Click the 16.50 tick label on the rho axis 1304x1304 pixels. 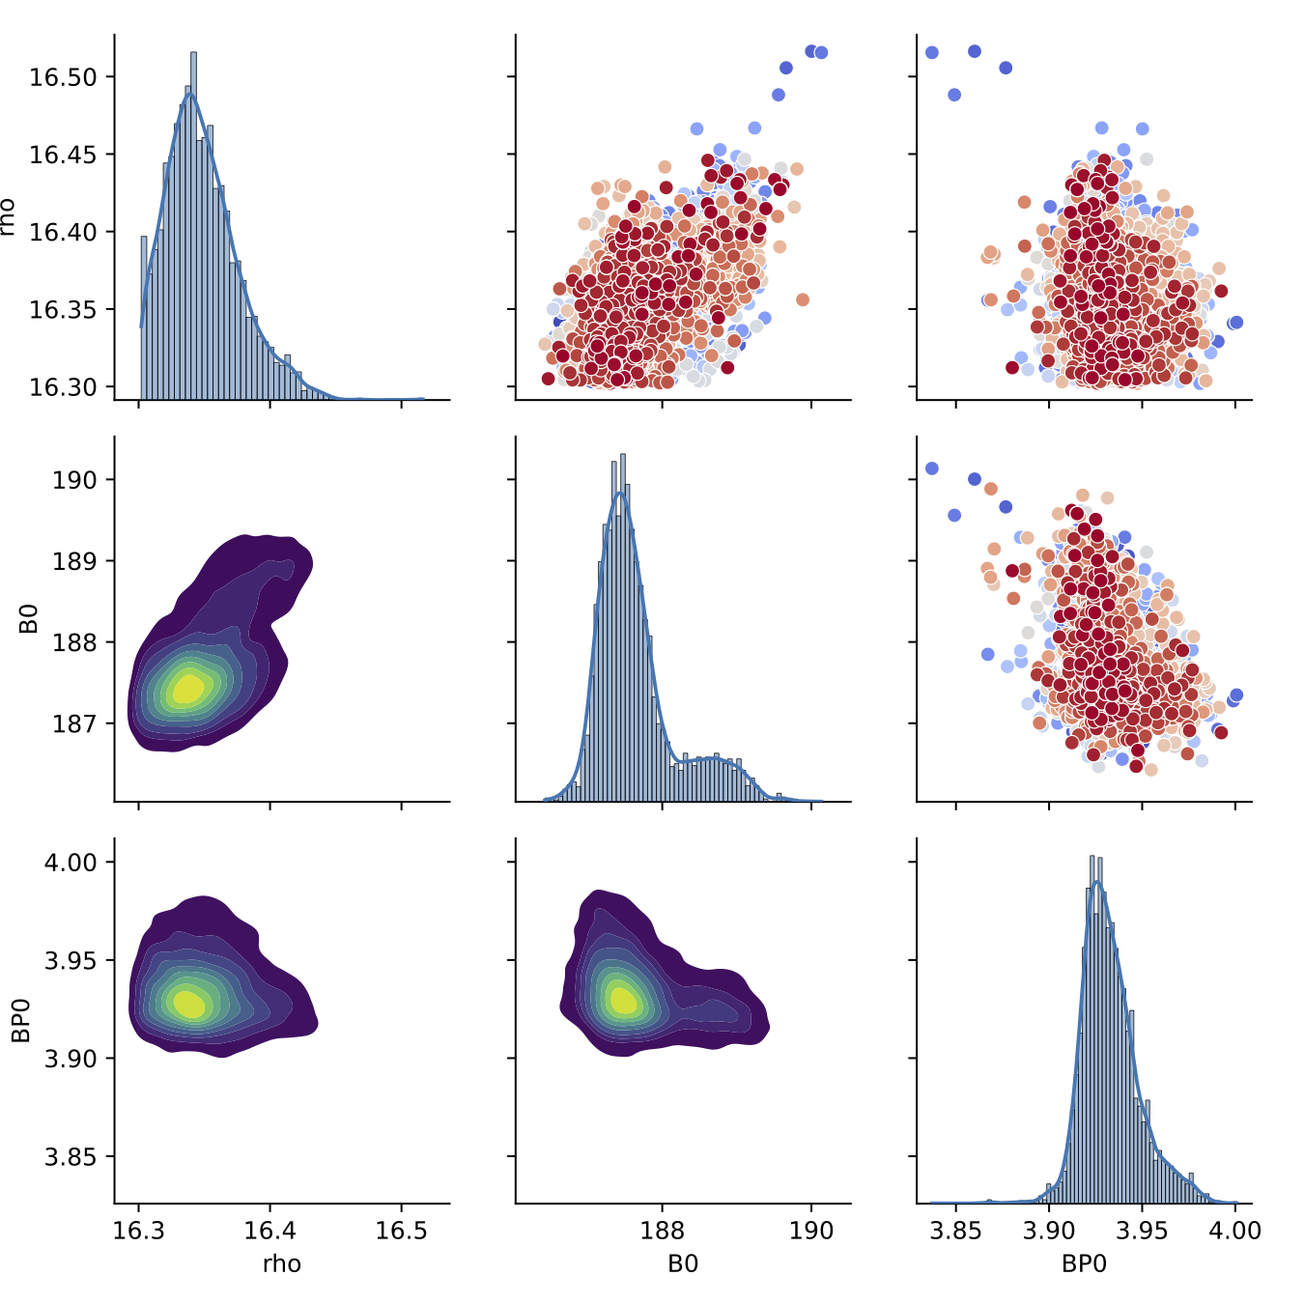tap(64, 77)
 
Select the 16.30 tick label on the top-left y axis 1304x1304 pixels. tap(64, 387)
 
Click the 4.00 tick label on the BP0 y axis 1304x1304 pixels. tap(71, 863)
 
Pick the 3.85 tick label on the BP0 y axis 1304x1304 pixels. tap(71, 1157)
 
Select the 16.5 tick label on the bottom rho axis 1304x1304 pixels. tap(401, 1231)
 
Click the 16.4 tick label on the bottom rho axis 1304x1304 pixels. tap(269, 1231)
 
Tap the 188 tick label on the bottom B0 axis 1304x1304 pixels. tap(663, 1231)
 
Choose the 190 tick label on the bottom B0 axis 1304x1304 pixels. tap(811, 1231)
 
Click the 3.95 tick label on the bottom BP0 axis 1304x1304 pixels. tap(1143, 1231)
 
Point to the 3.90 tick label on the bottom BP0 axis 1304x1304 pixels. tap(1049, 1231)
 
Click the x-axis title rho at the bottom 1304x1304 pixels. tap(282, 1263)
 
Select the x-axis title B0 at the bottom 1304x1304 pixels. tap(683, 1263)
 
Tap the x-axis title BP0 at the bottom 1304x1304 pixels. tap(1084, 1263)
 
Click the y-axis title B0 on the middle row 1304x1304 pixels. tap(29, 618)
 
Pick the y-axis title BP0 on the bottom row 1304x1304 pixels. tap(21, 1020)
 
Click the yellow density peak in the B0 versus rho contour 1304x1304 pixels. tap(188, 689)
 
